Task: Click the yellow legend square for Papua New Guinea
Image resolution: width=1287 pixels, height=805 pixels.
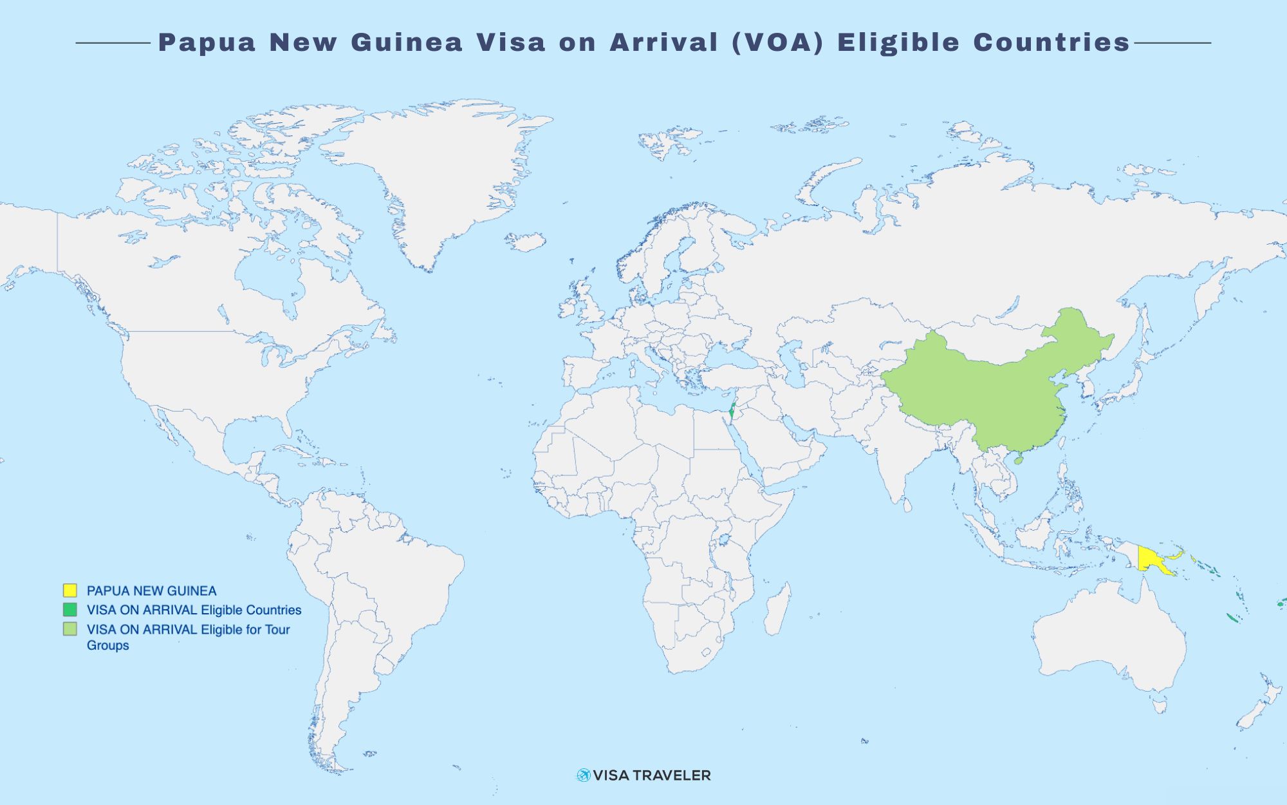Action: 70,590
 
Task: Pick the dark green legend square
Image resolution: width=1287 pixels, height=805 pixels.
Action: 70,609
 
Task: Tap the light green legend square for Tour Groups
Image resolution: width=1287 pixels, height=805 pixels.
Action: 70,629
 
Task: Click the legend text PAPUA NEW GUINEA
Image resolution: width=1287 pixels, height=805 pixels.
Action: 151,591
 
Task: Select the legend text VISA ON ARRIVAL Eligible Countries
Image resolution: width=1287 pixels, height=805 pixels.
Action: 194,610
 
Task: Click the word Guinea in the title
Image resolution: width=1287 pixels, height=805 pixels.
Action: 407,43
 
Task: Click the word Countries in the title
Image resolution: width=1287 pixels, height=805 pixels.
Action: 1051,43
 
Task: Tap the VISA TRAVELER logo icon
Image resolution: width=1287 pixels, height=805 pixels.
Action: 583,775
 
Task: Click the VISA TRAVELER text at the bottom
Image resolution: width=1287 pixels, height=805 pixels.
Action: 652,775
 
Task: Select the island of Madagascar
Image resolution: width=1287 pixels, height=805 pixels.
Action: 777,609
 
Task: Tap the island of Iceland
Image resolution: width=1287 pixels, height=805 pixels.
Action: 525,242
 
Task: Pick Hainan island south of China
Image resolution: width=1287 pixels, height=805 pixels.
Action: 1018,460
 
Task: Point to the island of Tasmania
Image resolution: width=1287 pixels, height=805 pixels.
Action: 1159,706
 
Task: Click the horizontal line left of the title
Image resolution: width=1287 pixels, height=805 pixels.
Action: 113,43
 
